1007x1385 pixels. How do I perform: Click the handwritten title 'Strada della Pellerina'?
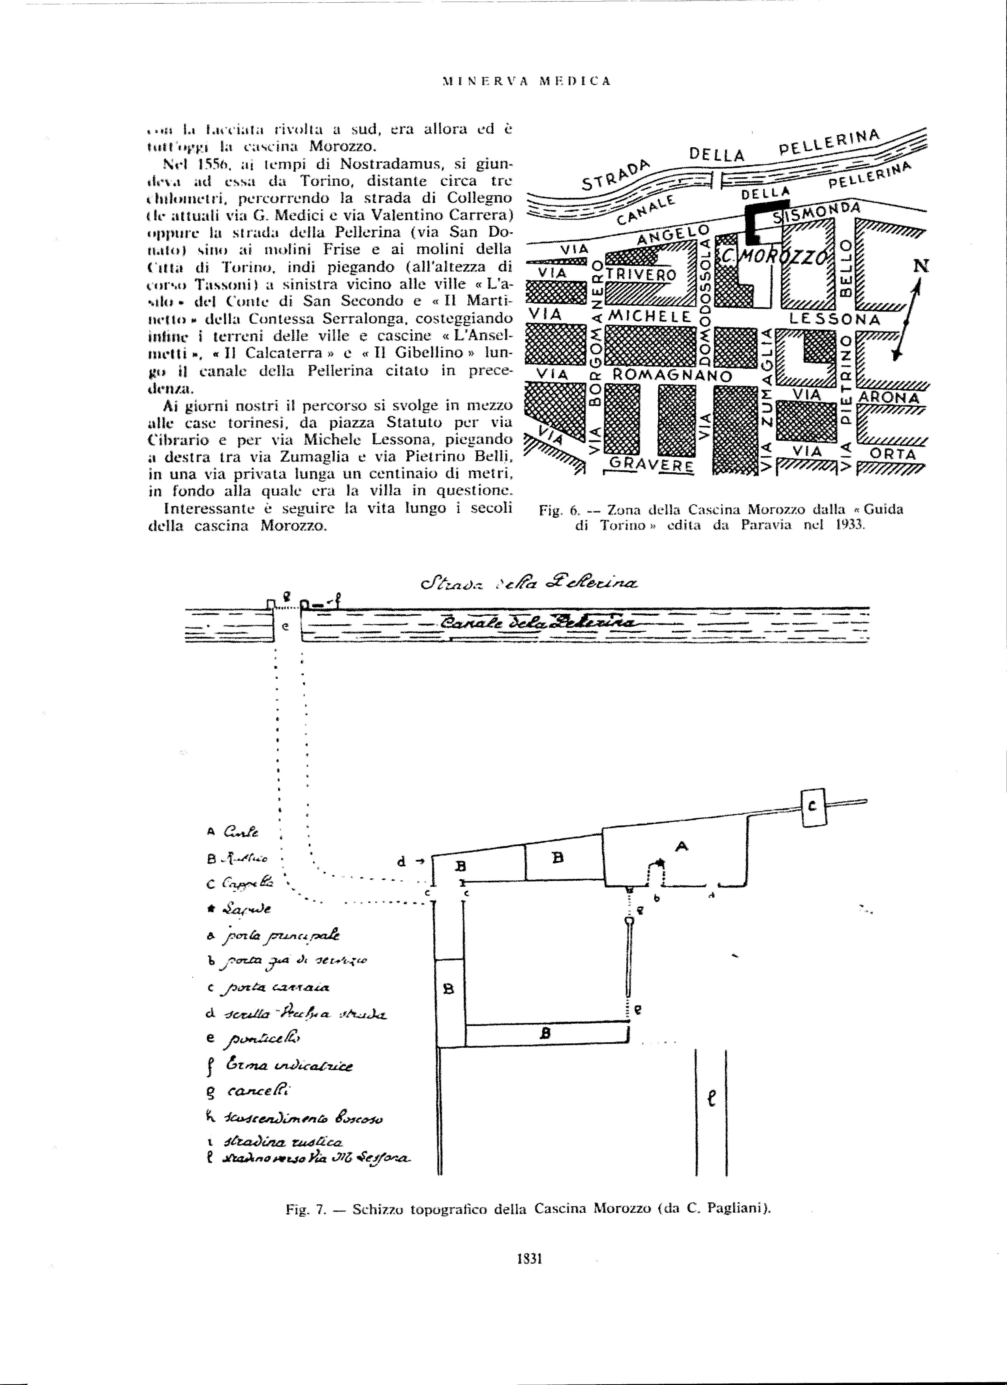[x=526, y=584]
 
